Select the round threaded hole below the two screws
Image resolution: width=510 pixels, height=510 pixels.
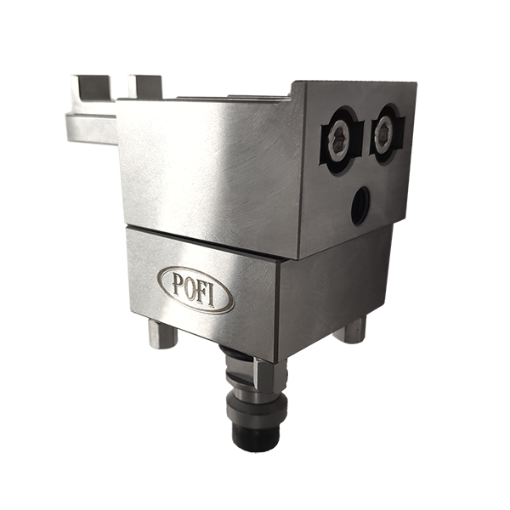360,205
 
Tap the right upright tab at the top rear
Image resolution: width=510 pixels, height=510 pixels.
145,86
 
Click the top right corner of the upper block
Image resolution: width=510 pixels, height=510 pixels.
414,82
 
